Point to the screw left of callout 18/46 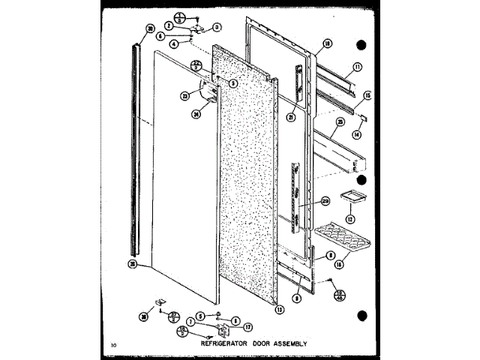click(x=329, y=280)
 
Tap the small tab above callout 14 click(x=363, y=118)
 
